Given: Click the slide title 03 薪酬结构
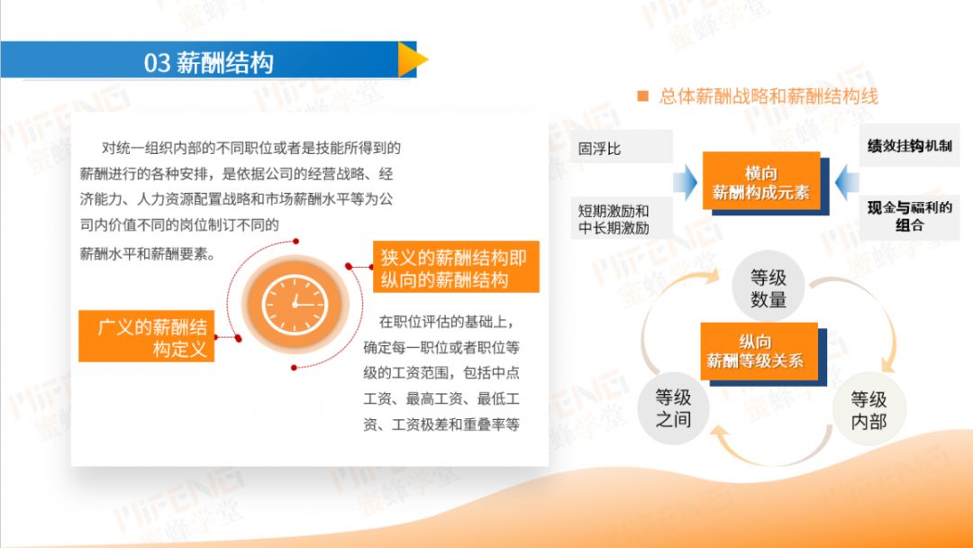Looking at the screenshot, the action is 208,63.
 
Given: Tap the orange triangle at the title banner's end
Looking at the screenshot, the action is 411,59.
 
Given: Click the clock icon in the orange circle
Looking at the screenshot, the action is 295,304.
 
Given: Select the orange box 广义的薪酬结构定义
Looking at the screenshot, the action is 147,336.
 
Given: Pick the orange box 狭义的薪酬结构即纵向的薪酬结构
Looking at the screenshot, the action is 456,267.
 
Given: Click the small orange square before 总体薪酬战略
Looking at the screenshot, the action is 643,96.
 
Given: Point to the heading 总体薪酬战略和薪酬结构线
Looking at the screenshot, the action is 768,96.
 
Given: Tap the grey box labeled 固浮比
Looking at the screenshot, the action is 621,147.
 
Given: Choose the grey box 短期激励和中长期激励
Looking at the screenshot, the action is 621,219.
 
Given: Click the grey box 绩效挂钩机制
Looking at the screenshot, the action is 909,145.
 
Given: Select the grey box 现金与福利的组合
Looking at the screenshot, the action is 909,216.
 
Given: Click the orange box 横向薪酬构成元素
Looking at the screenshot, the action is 761,182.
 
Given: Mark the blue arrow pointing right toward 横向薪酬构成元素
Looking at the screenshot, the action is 685,182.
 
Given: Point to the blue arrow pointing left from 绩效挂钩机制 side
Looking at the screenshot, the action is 847,182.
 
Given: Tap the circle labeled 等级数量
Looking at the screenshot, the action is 768,287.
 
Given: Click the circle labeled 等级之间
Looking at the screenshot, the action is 673,407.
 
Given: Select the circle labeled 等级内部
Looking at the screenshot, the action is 868,409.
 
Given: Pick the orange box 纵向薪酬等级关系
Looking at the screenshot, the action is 759,352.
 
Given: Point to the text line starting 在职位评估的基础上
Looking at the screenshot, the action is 447,322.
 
